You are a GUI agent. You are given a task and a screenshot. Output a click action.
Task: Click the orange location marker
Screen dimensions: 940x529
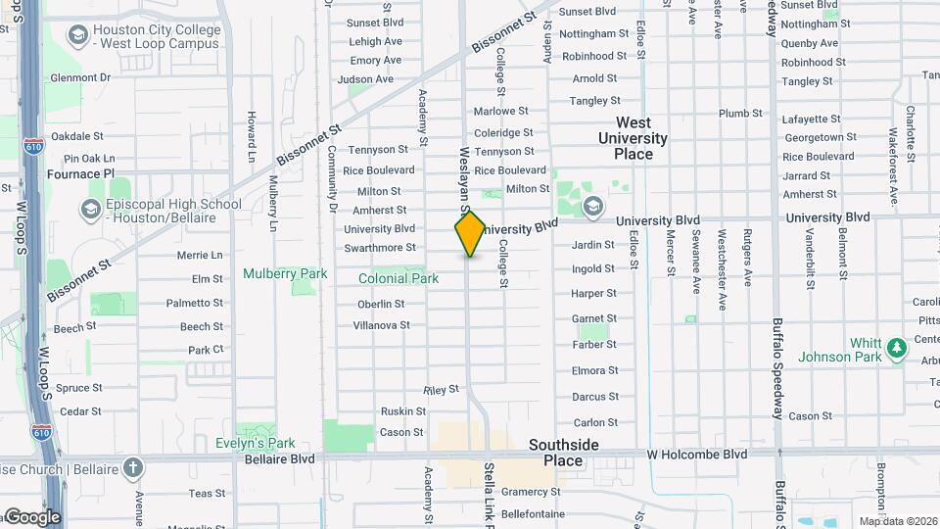pos(470,233)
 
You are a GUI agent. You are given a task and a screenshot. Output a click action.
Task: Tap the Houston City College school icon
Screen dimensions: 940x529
pos(76,36)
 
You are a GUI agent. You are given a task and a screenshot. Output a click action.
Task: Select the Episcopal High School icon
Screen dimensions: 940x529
pos(91,210)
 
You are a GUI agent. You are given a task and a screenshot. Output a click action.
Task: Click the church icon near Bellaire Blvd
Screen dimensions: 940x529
pos(132,465)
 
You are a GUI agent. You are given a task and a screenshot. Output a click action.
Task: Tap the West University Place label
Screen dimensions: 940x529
pos(633,138)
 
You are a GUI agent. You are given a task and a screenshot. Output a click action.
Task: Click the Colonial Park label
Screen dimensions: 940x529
pos(399,278)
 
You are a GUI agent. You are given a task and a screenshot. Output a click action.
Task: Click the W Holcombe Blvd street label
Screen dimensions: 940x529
pos(696,455)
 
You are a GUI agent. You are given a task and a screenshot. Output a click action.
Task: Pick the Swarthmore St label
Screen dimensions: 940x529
pos(380,248)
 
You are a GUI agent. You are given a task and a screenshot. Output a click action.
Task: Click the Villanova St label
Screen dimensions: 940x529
pos(381,324)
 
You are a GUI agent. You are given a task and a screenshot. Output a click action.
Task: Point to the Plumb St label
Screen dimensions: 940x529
pos(740,114)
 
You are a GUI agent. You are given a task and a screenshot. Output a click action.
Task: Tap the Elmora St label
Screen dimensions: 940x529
pos(594,370)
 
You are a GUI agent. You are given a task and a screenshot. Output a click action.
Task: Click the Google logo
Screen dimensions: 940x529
pos(32,516)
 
